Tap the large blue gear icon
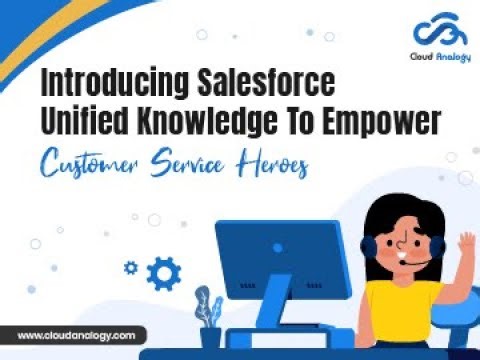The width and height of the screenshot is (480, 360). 163,272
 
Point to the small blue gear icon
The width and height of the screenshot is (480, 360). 130,267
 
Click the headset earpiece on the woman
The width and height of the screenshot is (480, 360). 371,249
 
